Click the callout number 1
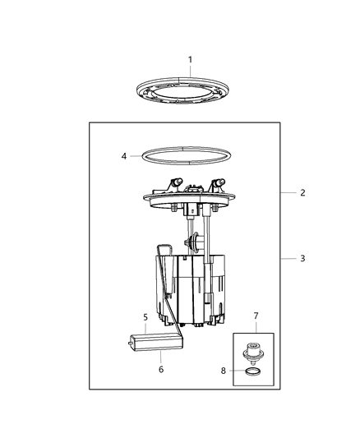190,59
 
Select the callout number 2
302,193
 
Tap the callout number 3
302,259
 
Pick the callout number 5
145,317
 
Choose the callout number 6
161,369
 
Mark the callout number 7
256,316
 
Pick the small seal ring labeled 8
255,375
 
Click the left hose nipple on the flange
175,182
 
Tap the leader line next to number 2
288,193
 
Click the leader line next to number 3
288,259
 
